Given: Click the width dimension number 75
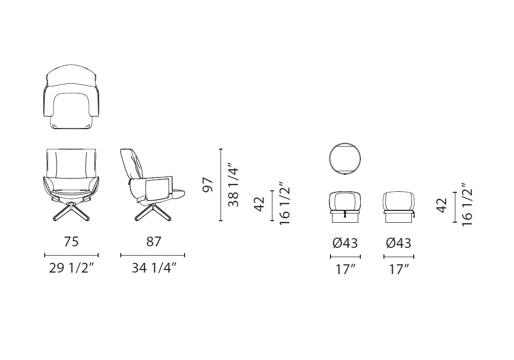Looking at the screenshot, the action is click(x=71, y=241).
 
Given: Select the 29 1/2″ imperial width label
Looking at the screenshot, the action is click(x=71, y=268).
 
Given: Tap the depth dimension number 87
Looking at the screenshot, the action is click(x=154, y=241).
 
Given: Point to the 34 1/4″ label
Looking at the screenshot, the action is click(x=154, y=268).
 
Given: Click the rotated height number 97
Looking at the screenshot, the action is click(x=208, y=185).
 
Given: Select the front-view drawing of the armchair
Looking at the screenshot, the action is click(x=71, y=185).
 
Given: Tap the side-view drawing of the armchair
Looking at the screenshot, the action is click(x=153, y=185).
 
